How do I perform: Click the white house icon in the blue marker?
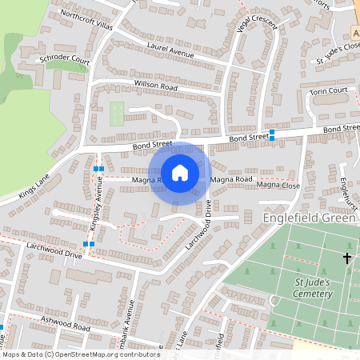coord(180,172)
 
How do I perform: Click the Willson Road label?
coord(134,84)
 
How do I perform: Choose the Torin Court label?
coord(329,91)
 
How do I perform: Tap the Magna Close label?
coord(278,186)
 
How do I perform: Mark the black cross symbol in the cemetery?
coord(347,258)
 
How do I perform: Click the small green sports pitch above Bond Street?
coord(117,113)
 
